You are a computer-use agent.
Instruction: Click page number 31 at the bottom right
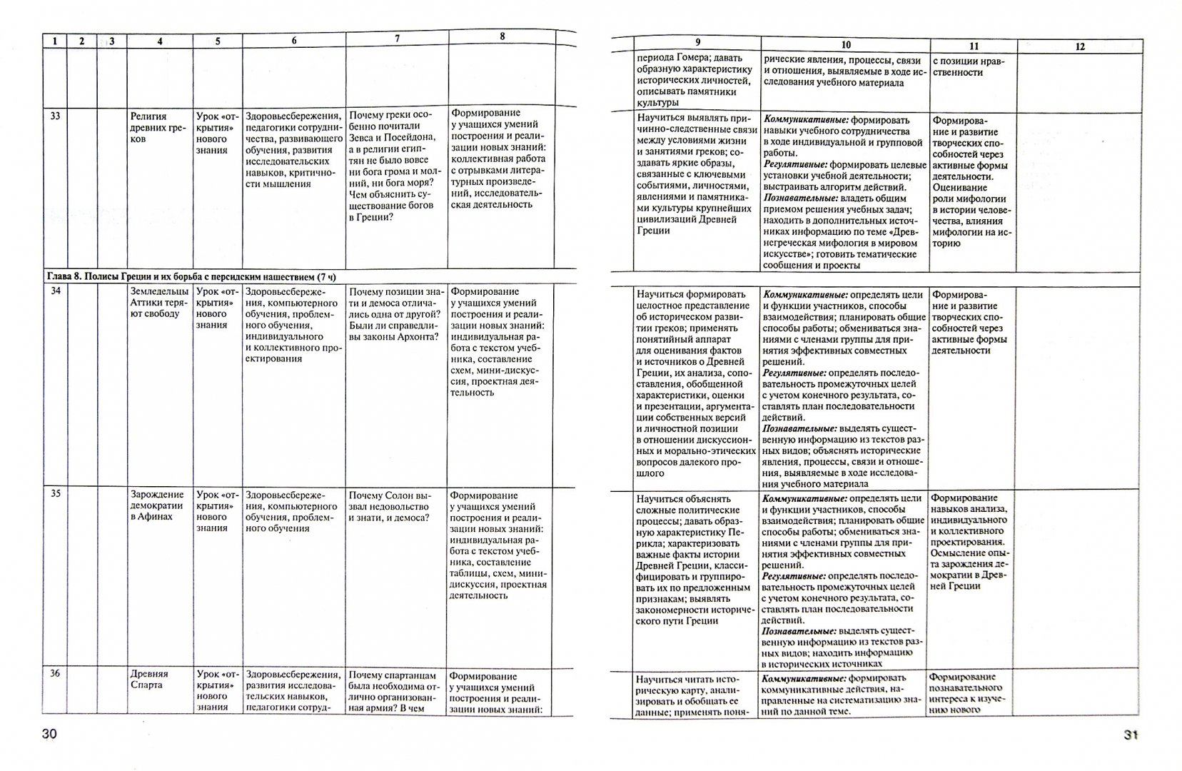(1130, 736)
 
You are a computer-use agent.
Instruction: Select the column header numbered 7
(397, 39)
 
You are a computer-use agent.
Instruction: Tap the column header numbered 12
(1079, 46)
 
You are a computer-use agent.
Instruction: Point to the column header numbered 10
(845, 45)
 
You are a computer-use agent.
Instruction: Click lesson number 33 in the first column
(56, 116)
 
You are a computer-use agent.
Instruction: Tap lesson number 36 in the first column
(55, 673)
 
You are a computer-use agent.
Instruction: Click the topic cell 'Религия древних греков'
(148, 127)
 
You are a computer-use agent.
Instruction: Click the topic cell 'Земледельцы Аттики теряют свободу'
(159, 302)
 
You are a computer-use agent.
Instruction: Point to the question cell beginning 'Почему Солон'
(390, 505)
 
